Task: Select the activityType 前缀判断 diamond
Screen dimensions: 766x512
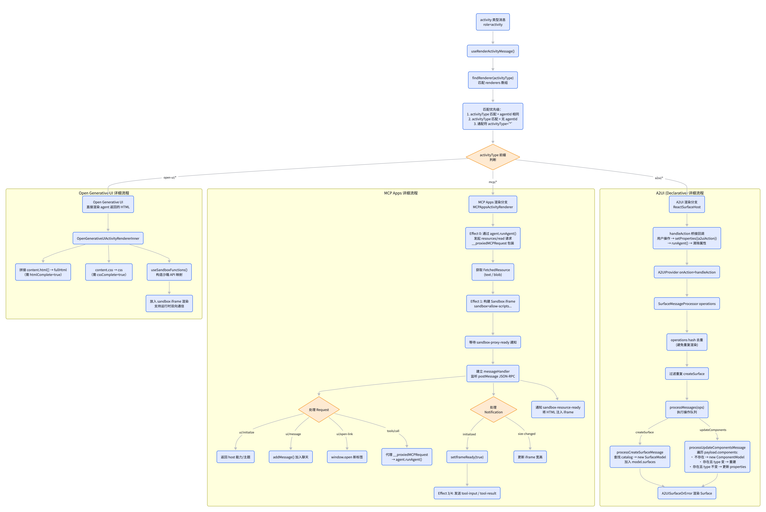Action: tap(493, 157)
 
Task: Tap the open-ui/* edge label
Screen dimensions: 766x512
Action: tap(170, 178)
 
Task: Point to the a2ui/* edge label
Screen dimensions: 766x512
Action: tap(659, 178)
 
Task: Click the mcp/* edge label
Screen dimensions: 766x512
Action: tap(493, 182)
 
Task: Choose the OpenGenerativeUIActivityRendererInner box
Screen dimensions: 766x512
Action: tap(108, 238)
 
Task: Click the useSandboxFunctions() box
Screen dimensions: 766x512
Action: tap(169, 272)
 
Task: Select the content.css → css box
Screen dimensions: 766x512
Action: tap(109, 272)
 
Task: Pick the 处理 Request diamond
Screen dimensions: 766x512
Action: tap(319, 409)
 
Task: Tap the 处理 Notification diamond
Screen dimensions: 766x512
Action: tap(493, 409)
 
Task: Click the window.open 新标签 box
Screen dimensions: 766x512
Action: tap(347, 457)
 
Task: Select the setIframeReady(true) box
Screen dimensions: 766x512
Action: tap(467, 457)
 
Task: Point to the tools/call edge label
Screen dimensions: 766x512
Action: tap(393, 431)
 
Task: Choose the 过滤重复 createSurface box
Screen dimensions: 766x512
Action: tap(687, 374)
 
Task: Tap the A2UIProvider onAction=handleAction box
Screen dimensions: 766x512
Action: tap(687, 272)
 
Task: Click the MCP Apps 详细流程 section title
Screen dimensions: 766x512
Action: tap(401, 193)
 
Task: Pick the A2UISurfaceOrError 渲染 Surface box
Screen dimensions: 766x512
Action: tap(687, 493)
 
